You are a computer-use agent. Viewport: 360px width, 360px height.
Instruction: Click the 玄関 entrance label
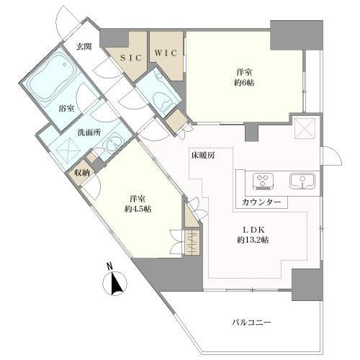click(84, 46)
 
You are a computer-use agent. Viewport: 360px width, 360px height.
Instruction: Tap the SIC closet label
click(132, 58)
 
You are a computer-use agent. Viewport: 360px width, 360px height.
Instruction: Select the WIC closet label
click(166, 53)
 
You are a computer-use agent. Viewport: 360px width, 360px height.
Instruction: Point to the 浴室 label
click(66, 109)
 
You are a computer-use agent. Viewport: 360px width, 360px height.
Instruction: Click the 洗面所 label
click(89, 132)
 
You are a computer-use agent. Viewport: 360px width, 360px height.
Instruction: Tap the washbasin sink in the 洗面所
click(112, 145)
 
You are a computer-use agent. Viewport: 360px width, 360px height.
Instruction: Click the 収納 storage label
click(81, 173)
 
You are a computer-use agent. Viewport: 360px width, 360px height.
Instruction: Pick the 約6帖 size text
click(244, 83)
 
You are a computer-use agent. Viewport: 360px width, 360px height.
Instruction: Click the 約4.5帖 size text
click(138, 209)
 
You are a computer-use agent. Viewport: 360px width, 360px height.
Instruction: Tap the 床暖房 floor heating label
click(203, 156)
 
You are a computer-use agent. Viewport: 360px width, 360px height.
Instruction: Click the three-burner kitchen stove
click(263, 181)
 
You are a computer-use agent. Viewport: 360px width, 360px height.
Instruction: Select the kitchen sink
click(302, 181)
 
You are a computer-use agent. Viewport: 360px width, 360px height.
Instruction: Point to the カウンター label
click(261, 202)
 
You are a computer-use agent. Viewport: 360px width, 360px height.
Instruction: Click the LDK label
click(254, 230)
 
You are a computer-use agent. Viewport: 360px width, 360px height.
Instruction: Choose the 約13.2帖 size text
click(253, 240)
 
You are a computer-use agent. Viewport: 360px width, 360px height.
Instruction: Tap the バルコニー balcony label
click(251, 322)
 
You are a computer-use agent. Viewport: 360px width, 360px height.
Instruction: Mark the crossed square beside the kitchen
click(305, 129)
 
